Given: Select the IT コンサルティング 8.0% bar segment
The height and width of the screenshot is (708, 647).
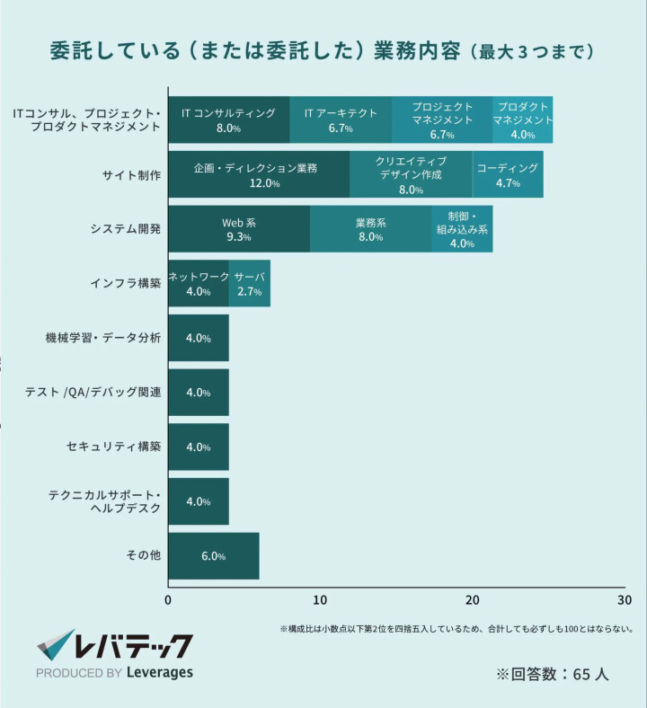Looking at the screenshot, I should tap(229, 119).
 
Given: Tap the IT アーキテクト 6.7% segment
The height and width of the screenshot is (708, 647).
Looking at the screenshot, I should tap(341, 119).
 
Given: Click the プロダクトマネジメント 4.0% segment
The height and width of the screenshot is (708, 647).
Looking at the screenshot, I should tap(522, 119).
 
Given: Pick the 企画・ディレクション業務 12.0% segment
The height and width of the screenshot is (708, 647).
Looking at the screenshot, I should tap(259, 174).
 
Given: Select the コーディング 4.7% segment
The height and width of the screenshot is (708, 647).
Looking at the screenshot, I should tap(508, 174).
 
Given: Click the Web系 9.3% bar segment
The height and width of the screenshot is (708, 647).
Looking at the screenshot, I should tap(239, 229).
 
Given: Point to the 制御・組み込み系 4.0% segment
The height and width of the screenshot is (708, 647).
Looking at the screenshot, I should tap(462, 229).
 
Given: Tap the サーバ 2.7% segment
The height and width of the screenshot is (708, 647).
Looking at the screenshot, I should tap(250, 284).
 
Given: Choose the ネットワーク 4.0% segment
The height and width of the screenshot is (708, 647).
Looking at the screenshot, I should tap(199, 284).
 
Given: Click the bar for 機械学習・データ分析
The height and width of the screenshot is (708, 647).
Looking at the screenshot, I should tap(199, 338).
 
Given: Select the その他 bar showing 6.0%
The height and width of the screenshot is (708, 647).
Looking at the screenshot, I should tap(214, 556).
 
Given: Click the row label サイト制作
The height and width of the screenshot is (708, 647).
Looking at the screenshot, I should tap(132, 175).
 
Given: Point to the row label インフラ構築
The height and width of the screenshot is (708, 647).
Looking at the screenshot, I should tap(126, 284).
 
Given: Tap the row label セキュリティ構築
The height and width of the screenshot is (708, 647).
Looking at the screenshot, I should tap(114, 447).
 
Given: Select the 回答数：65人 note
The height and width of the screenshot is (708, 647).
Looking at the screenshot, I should tap(552, 674).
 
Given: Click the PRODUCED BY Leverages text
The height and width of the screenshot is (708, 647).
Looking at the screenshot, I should tap(114, 673).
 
